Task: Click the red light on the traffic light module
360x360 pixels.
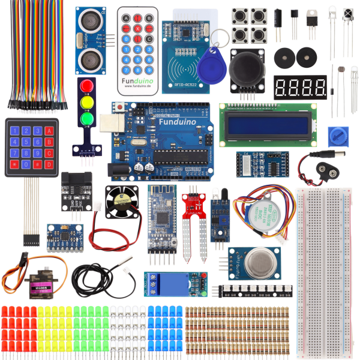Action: (x=88, y=85)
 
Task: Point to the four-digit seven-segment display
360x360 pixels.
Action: (x=300, y=88)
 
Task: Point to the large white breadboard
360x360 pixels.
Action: (x=325, y=270)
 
